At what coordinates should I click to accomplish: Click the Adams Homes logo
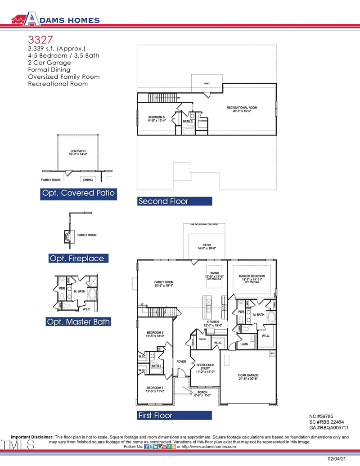(55, 18)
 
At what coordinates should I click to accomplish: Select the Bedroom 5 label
(156, 118)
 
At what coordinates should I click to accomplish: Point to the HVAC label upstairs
(207, 83)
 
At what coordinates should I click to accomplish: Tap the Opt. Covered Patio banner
(78, 194)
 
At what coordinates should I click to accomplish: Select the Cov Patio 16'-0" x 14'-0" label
(78, 153)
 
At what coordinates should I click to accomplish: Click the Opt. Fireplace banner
(79, 258)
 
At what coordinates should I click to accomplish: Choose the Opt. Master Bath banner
(78, 322)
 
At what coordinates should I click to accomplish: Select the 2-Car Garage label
(248, 377)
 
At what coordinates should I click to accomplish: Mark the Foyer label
(181, 362)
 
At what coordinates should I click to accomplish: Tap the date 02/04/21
(337, 459)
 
